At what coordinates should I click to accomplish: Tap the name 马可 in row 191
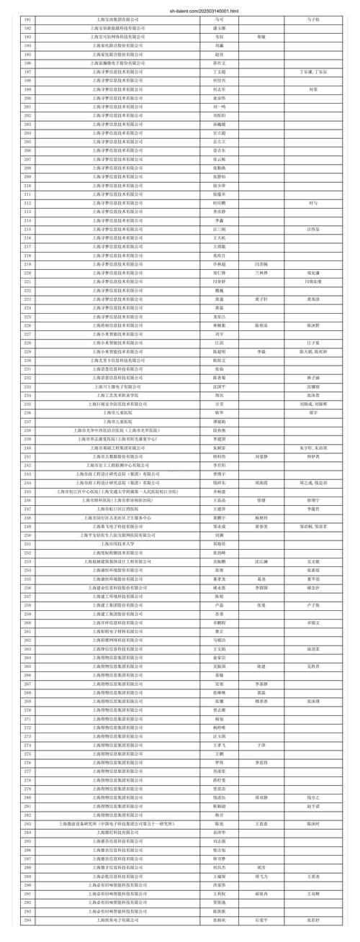point(210,19)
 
